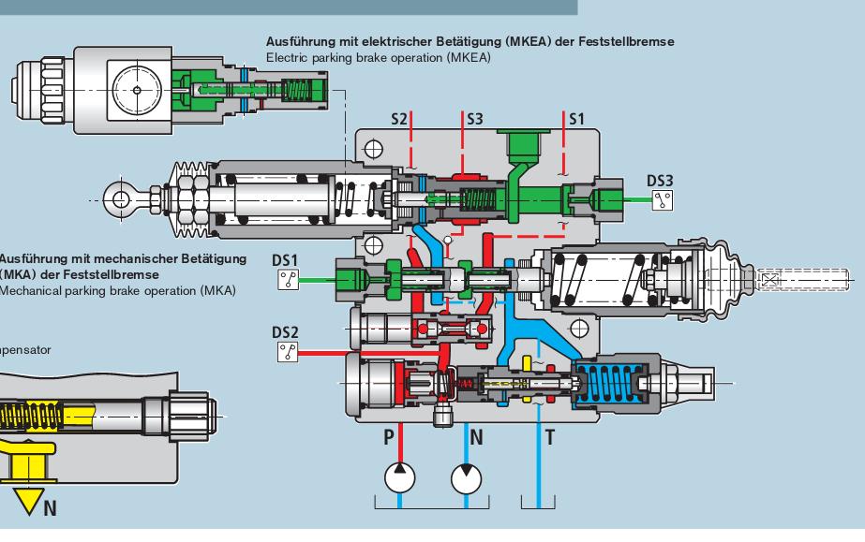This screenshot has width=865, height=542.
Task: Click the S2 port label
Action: [399, 120]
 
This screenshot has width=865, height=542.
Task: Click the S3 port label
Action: [475, 120]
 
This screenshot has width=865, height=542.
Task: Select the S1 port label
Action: [576, 120]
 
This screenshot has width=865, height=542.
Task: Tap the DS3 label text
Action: [661, 179]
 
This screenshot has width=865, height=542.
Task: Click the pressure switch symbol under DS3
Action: [664, 198]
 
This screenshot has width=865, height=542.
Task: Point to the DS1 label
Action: [285, 256]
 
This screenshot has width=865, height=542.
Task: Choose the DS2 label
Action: [285, 331]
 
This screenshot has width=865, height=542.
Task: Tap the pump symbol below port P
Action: [399, 477]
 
